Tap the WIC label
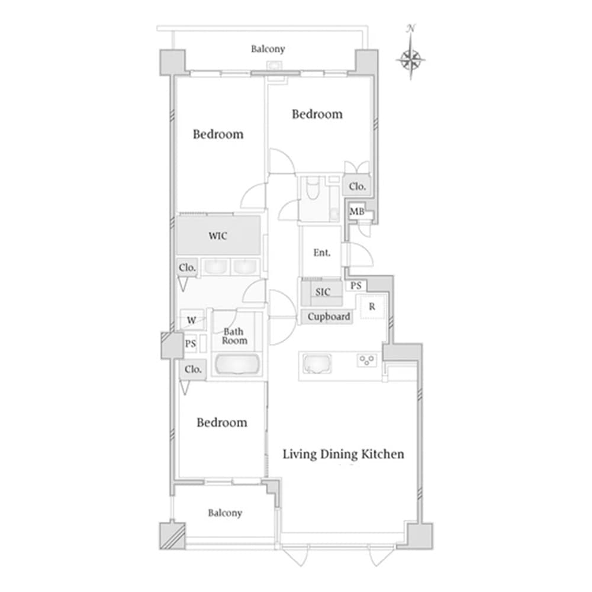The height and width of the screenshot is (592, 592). (x=218, y=236)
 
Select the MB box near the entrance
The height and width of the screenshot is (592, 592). (x=357, y=211)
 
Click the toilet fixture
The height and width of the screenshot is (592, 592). (x=312, y=188)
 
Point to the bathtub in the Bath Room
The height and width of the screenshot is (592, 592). (x=237, y=364)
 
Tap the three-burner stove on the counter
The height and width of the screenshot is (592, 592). (x=366, y=360)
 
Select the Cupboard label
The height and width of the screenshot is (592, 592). (x=329, y=316)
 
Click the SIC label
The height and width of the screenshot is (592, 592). (x=323, y=292)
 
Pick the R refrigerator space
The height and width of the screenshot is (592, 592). (x=372, y=307)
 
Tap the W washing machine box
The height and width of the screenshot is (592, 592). (x=192, y=320)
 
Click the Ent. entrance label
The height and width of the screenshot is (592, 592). (x=322, y=253)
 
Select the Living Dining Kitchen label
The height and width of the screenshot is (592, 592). (x=343, y=454)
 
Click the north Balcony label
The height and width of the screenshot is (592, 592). (x=268, y=49)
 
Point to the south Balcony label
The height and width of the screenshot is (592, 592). (x=225, y=513)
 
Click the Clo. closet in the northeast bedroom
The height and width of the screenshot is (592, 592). (x=357, y=186)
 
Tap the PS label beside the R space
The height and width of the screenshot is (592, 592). (x=356, y=286)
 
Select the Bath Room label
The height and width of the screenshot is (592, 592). (x=234, y=336)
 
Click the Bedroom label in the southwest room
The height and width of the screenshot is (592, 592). (x=222, y=422)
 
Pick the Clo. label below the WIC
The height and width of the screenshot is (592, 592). (x=187, y=268)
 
